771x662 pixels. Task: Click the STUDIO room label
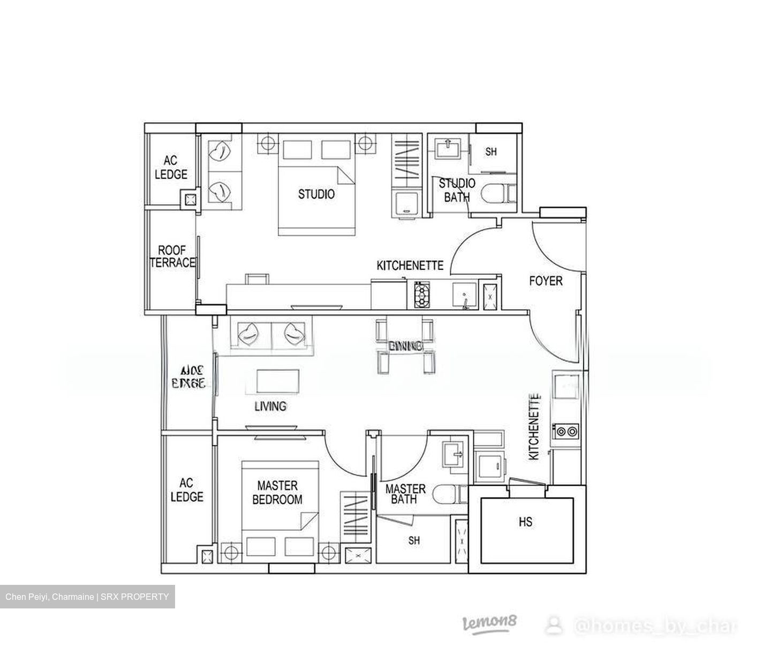point(316,194)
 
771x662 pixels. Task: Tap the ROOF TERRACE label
point(172,257)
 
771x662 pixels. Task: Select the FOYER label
point(546,281)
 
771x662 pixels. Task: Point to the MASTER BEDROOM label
point(277,493)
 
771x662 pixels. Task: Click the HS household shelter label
point(525,521)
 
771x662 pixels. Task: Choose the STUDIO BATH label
point(457,190)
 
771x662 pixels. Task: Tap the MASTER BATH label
point(405,494)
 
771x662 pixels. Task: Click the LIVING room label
point(270,407)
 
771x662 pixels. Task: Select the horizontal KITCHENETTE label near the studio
point(410,266)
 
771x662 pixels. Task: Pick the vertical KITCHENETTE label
point(534,427)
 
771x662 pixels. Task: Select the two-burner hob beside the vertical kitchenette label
point(566,430)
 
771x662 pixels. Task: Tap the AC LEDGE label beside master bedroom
point(187,490)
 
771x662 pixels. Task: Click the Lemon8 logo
point(489,623)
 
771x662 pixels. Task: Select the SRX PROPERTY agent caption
point(87,597)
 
